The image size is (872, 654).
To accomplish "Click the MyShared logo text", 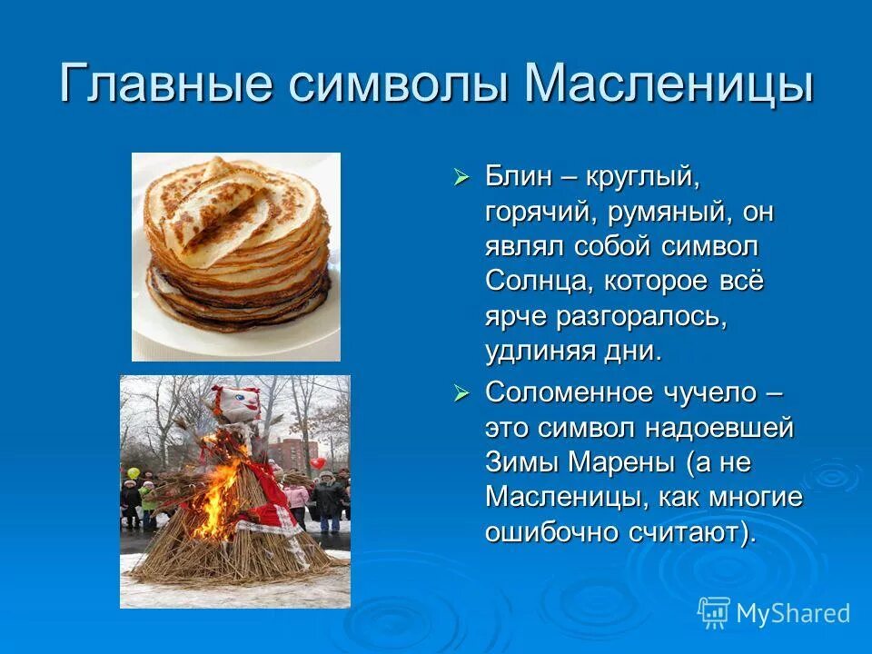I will click(x=793, y=613).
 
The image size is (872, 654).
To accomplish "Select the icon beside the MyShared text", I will click(x=714, y=612).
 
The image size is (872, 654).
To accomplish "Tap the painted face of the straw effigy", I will click(x=237, y=403).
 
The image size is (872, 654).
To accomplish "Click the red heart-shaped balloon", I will click(x=317, y=463).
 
